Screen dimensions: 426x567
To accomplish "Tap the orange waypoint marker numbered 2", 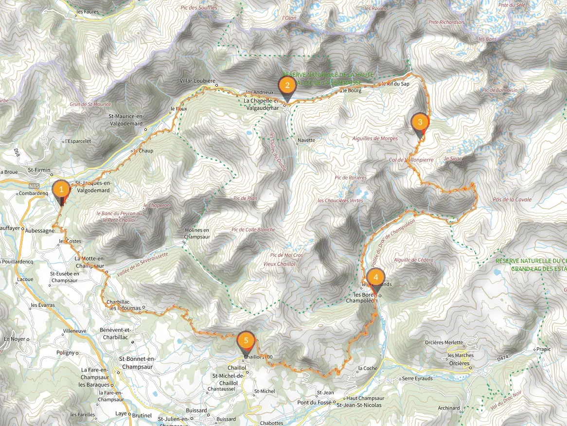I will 287,87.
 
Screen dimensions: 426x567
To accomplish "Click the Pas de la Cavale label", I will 512,199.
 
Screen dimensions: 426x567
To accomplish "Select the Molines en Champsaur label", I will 196,233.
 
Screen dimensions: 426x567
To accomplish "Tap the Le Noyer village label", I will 14,339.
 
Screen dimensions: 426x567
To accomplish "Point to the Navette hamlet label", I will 307,140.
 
